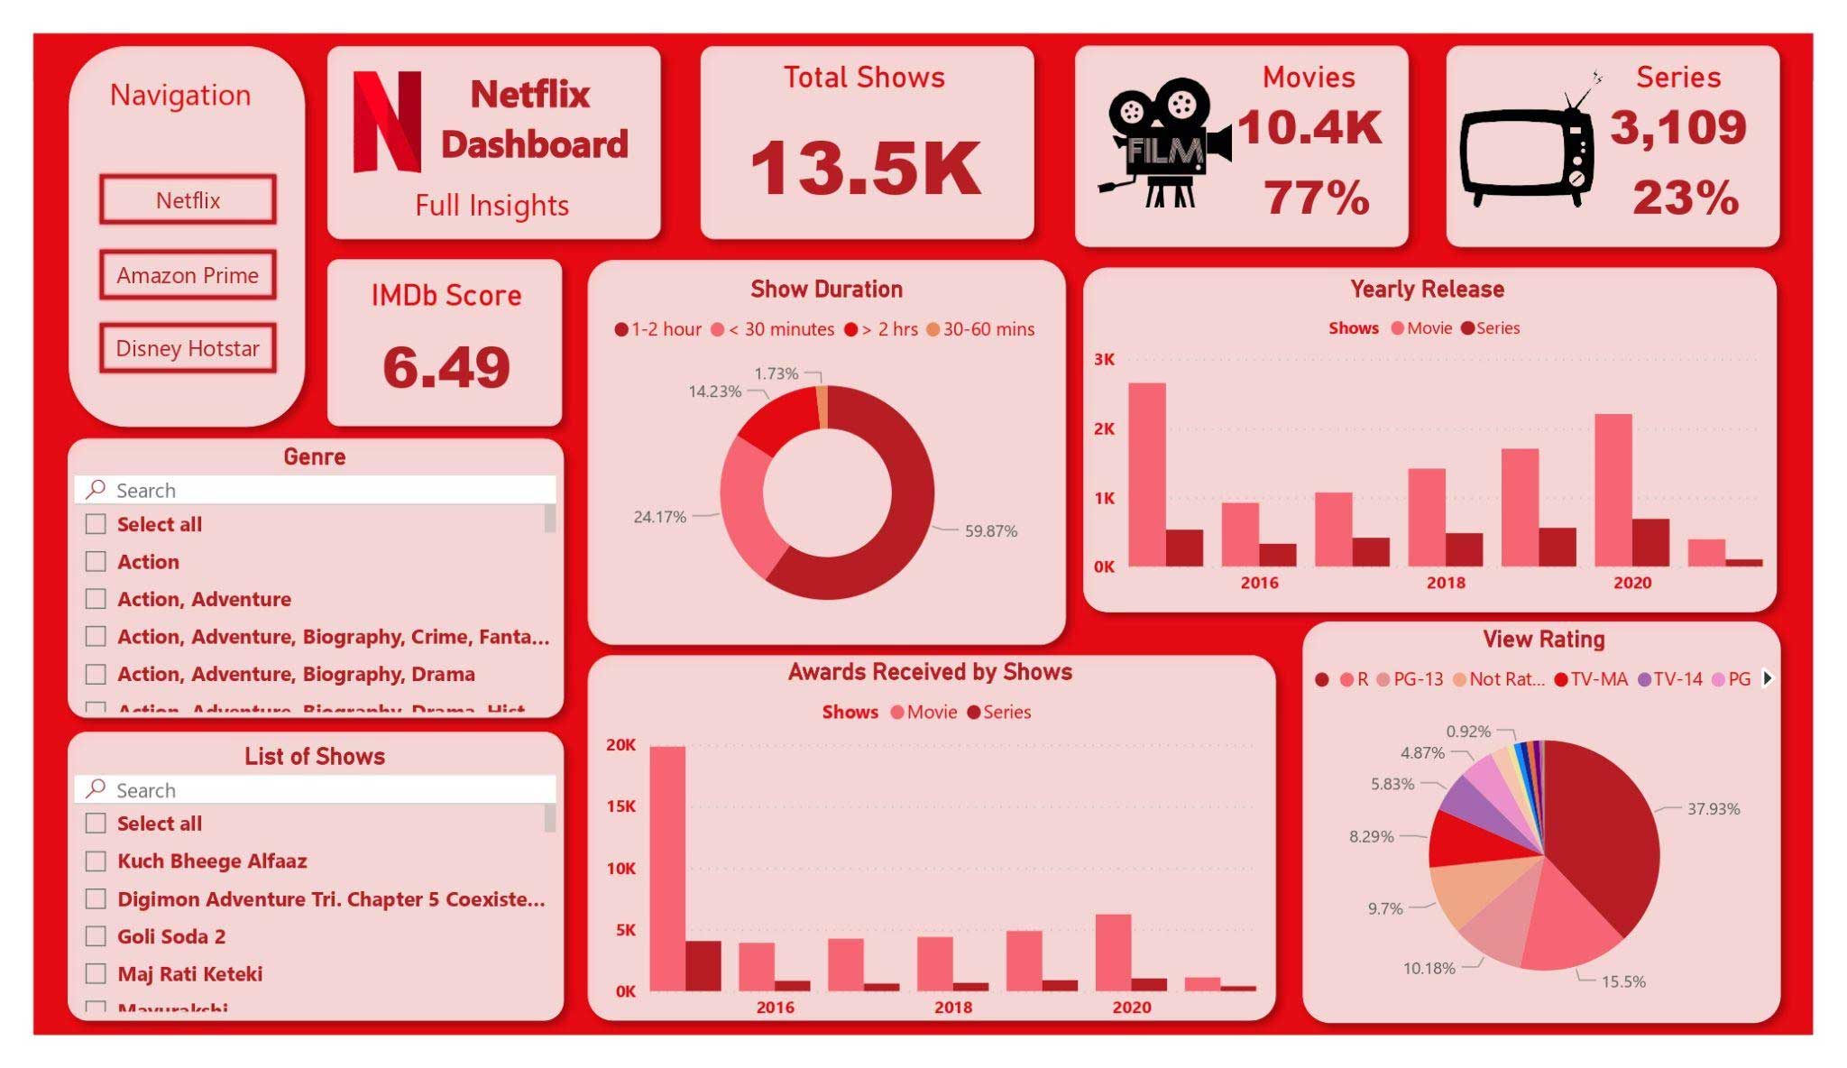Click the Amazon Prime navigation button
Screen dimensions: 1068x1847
coord(188,275)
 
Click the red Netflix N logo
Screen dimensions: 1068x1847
coord(387,122)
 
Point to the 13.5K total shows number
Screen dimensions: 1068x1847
coord(865,169)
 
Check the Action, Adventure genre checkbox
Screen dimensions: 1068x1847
coord(96,599)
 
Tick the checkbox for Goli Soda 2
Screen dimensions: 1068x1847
coord(96,936)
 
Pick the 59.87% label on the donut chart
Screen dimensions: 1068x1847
coord(990,531)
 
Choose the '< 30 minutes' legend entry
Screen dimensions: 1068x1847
coord(773,329)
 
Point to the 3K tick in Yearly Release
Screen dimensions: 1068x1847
coord(1104,359)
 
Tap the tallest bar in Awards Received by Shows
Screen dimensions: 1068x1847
coord(667,868)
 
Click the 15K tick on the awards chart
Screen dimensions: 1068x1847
coord(620,806)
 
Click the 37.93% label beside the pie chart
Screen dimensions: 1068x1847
coord(1713,809)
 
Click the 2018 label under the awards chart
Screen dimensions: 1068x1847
coord(952,1008)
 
